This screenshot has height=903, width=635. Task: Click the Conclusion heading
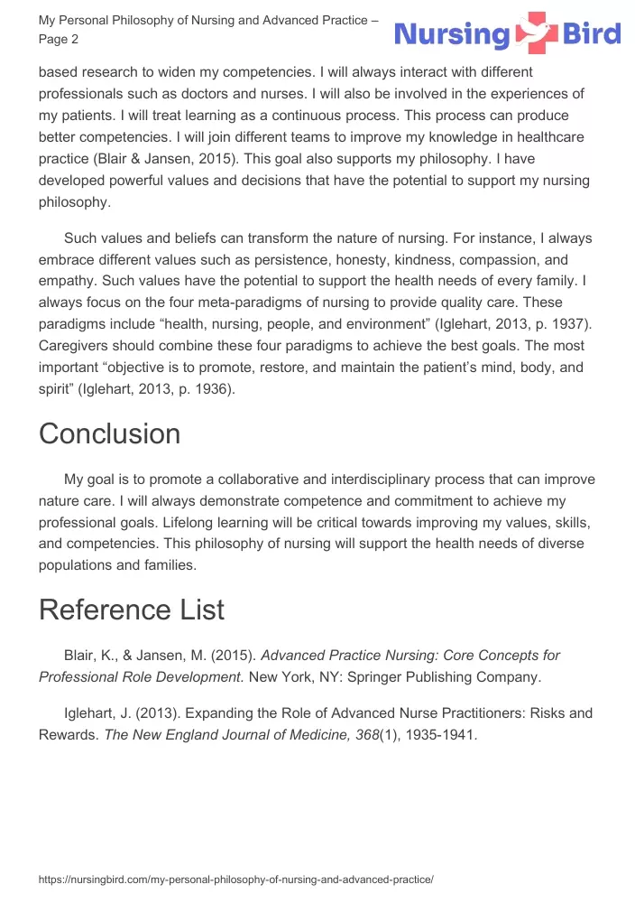point(109,434)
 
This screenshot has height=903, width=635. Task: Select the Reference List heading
point(131,610)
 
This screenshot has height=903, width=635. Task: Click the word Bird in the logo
point(590,34)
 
